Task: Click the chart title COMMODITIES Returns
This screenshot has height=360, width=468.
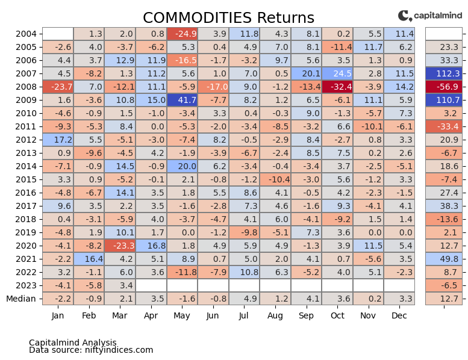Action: coord(228,17)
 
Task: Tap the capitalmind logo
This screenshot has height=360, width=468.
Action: coord(429,16)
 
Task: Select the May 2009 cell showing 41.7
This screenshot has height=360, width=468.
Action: coord(182,100)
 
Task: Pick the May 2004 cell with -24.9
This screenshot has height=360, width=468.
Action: coord(182,34)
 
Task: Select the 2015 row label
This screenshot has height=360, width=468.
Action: coord(27,179)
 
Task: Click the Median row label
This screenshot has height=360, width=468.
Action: coord(21,299)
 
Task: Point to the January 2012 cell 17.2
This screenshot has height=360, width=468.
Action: coord(58,140)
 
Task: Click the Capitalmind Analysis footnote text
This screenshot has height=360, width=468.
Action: coord(72,343)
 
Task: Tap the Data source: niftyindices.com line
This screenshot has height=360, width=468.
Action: coord(91,350)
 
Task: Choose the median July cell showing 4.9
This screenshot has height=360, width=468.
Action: coord(244,299)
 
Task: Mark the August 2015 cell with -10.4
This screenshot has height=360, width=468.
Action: coord(275,179)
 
